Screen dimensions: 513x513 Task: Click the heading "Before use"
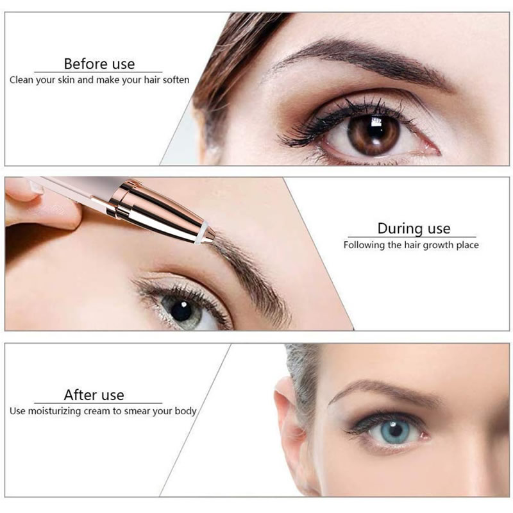(99, 63)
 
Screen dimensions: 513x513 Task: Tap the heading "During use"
(414, 228)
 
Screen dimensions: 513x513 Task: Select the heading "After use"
(94, 395)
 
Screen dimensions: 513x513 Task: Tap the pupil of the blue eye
(395, 430)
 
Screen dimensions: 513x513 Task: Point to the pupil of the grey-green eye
(181, 311)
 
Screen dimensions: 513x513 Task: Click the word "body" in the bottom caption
(185, 411)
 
